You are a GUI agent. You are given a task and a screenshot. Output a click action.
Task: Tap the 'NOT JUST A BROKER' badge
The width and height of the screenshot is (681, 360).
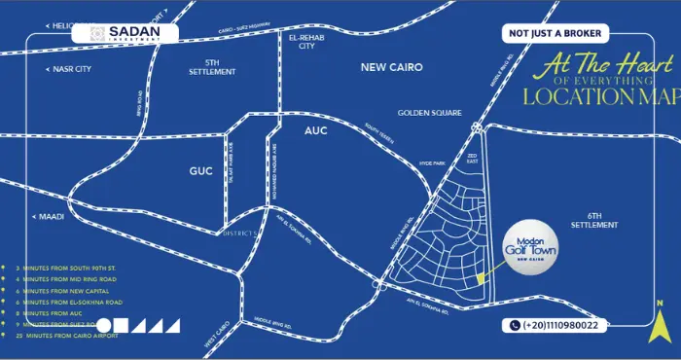pos(556,34)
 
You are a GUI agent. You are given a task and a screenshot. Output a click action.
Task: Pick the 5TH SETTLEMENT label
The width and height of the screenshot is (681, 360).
pos(212,66)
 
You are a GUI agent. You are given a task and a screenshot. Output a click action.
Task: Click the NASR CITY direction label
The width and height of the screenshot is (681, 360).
pos(70,69)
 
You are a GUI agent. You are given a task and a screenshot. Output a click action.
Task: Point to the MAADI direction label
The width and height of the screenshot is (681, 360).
pos(50,216)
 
